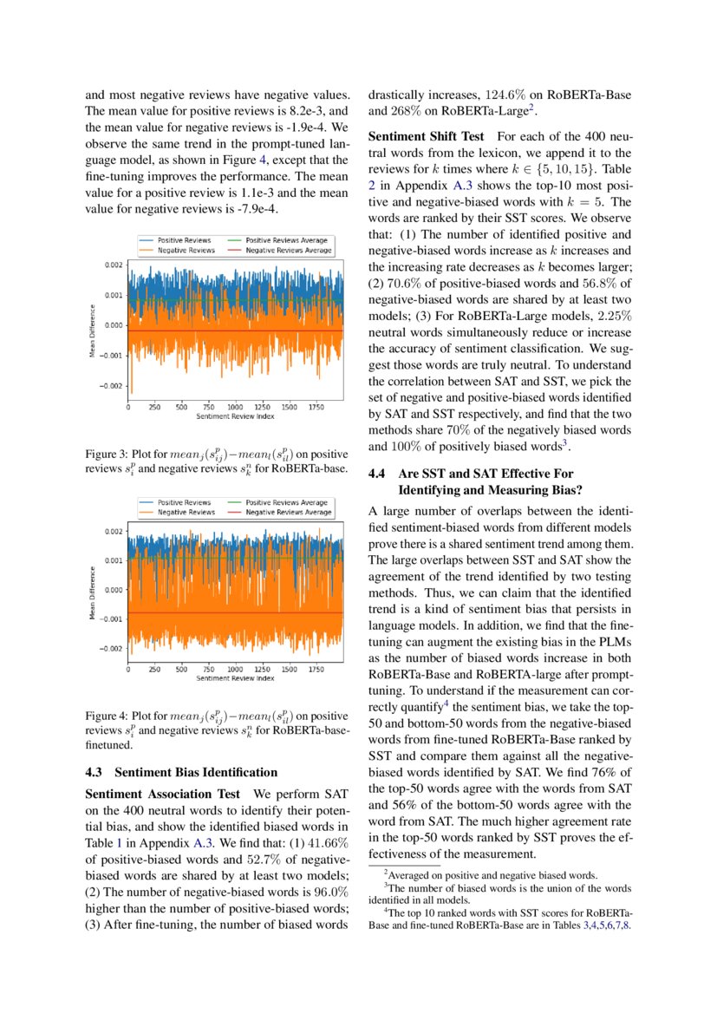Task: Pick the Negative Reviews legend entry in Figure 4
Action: tap(186, 513)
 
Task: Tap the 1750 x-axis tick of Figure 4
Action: tap(316, 669)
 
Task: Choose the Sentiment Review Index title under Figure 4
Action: tap(235, 677)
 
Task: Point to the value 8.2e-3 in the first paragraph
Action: tap(299, 111)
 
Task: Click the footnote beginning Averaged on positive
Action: tap(498, 876)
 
